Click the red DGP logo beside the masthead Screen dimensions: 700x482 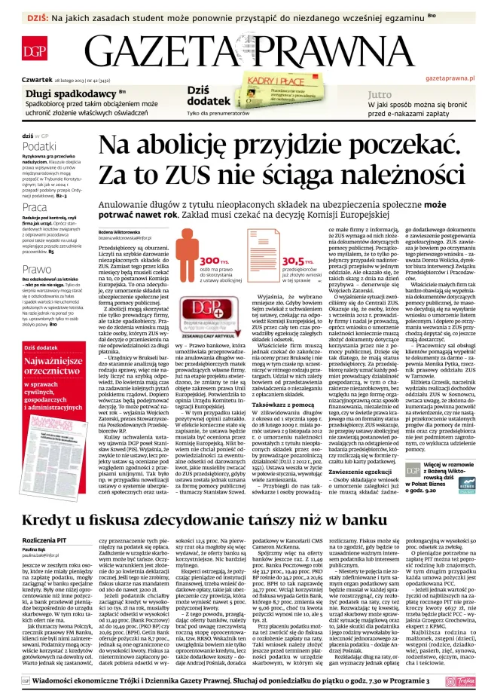(x=35, y=51)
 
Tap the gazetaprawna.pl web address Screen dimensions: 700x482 (x=450, y=78)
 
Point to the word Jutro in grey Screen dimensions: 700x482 (x=380, y=95)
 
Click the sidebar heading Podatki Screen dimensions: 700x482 (x=39, y=146)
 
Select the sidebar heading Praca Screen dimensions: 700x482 (x=35, y=207)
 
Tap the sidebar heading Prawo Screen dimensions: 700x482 (x=37, y=269)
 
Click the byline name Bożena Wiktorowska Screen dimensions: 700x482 (x=119, y=232)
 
